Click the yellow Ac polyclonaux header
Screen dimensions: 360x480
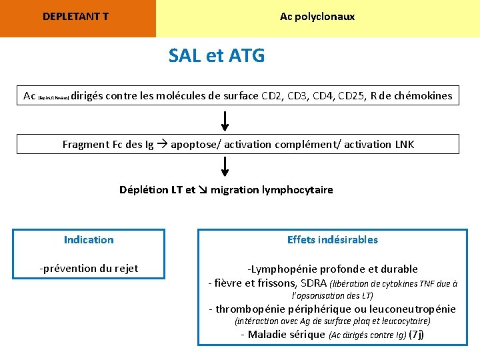[317, 17]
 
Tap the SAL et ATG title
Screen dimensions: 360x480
[217, 56]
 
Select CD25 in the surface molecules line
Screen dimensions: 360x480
[352, 96]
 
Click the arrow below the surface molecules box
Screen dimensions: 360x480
[225, 121]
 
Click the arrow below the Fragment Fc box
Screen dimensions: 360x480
[225, 167]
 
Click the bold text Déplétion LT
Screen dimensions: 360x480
[151, 190]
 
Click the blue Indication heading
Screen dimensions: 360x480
[89, 240]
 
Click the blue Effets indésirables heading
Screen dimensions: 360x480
[332, 240]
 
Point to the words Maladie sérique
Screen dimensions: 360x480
[287, 335]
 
